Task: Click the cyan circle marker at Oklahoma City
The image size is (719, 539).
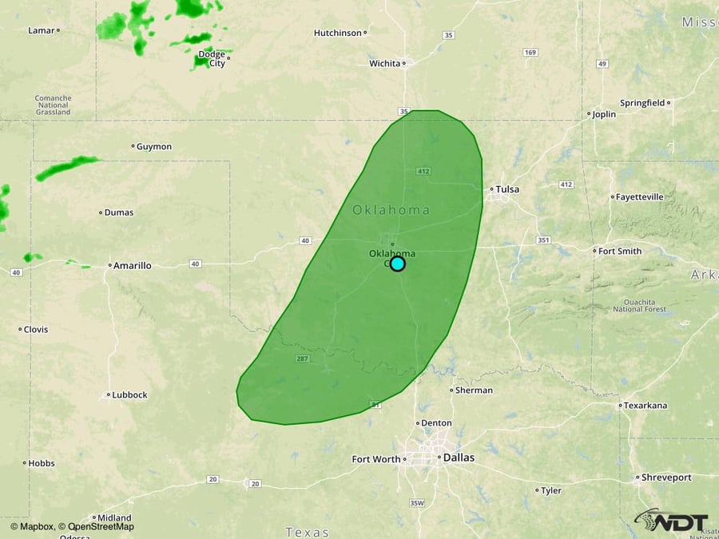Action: pyautogui.click(x=397, y=264)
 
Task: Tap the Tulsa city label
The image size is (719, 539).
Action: pyautogui.click(x=507, y=189)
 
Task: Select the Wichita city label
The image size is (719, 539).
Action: pyautogui.click(x=385, y=63)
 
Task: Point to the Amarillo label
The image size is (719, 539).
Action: pyautogui.click(x=132, y=265)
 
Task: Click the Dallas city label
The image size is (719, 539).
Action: pyautogui.click(x=459, y=458)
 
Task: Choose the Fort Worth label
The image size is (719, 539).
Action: pyautogui.click(x=376, y=459)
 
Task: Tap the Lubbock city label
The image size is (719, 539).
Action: pyautogui.click(x=129, y=394)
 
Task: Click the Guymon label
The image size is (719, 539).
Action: pyautogui.click(x=154, y=147)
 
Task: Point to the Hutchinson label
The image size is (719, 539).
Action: pyautogui.click(x=338, y=33)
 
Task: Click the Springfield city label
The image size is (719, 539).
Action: pyautogui.click(x=642, y=103)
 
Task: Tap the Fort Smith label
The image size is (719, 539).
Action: pyautogui.click(x=620, y=251)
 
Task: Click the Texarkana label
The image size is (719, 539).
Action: pyautogui.click(x=646, y=406)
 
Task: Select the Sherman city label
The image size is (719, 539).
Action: pyautogui.click(x=474, y=390)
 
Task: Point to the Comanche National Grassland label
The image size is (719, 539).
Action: pyautogui.click(x=53, y=105)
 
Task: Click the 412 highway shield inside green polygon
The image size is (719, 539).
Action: pyautogui.click(x=423, y=172)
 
